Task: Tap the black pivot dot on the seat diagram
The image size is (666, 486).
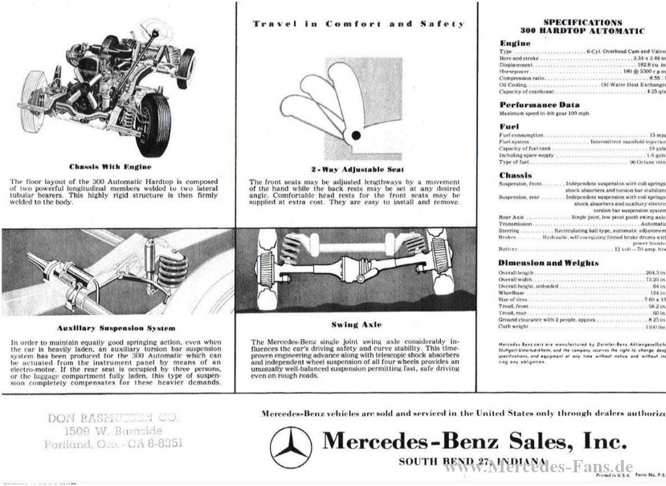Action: click(x=356, y=135)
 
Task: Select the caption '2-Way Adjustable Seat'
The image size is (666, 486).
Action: click(x=357, y=170)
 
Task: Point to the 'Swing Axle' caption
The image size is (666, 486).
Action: click(x=356, y=324)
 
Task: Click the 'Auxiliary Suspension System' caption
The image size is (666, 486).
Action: click(x=116, y=328)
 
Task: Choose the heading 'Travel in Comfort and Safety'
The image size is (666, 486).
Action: click(x=358, y=24)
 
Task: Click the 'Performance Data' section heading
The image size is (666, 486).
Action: click(x=539, y=105)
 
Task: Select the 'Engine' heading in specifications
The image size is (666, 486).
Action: click(x=514, y=43)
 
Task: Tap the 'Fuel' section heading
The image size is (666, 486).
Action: click(x=509, y=126)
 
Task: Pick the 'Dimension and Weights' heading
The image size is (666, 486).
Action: click(x=548, y=262)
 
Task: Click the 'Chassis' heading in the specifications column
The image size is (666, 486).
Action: click(x=515, y=175)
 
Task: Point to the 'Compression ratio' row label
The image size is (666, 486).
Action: click(x=522, y=78)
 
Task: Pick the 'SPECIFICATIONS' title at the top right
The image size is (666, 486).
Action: click(x=582, y=22)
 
